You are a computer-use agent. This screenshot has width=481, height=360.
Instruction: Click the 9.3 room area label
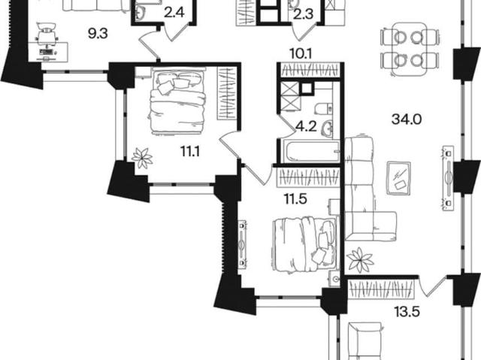pos(98,34)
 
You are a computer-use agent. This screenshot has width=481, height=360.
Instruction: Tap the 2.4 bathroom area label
pos(174,14)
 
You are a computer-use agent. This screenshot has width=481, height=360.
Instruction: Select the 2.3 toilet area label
pos(303,15)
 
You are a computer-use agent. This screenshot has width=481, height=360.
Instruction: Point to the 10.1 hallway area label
pos(301,54)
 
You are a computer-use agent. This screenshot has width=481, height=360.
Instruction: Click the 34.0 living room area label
pos(407,119)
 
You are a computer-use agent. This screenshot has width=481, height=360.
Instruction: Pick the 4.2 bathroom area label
pos(306,126)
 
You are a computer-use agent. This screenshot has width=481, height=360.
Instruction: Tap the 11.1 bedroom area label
pos(190,152)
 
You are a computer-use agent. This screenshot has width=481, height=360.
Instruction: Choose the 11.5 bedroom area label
pos(295,199)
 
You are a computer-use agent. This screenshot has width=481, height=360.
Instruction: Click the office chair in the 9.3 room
pos(47,34)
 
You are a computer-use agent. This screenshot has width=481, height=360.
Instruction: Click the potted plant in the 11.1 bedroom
pos(142,158)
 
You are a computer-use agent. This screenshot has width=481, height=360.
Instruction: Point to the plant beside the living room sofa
pos(360,260)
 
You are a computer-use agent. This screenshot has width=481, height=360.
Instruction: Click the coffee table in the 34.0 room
pos(399,178)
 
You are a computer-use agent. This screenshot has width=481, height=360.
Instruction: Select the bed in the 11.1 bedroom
pos(177,101)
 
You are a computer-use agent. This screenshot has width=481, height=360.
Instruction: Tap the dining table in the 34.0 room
pos(410,49)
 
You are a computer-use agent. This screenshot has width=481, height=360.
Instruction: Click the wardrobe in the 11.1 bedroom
pos(227,93)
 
